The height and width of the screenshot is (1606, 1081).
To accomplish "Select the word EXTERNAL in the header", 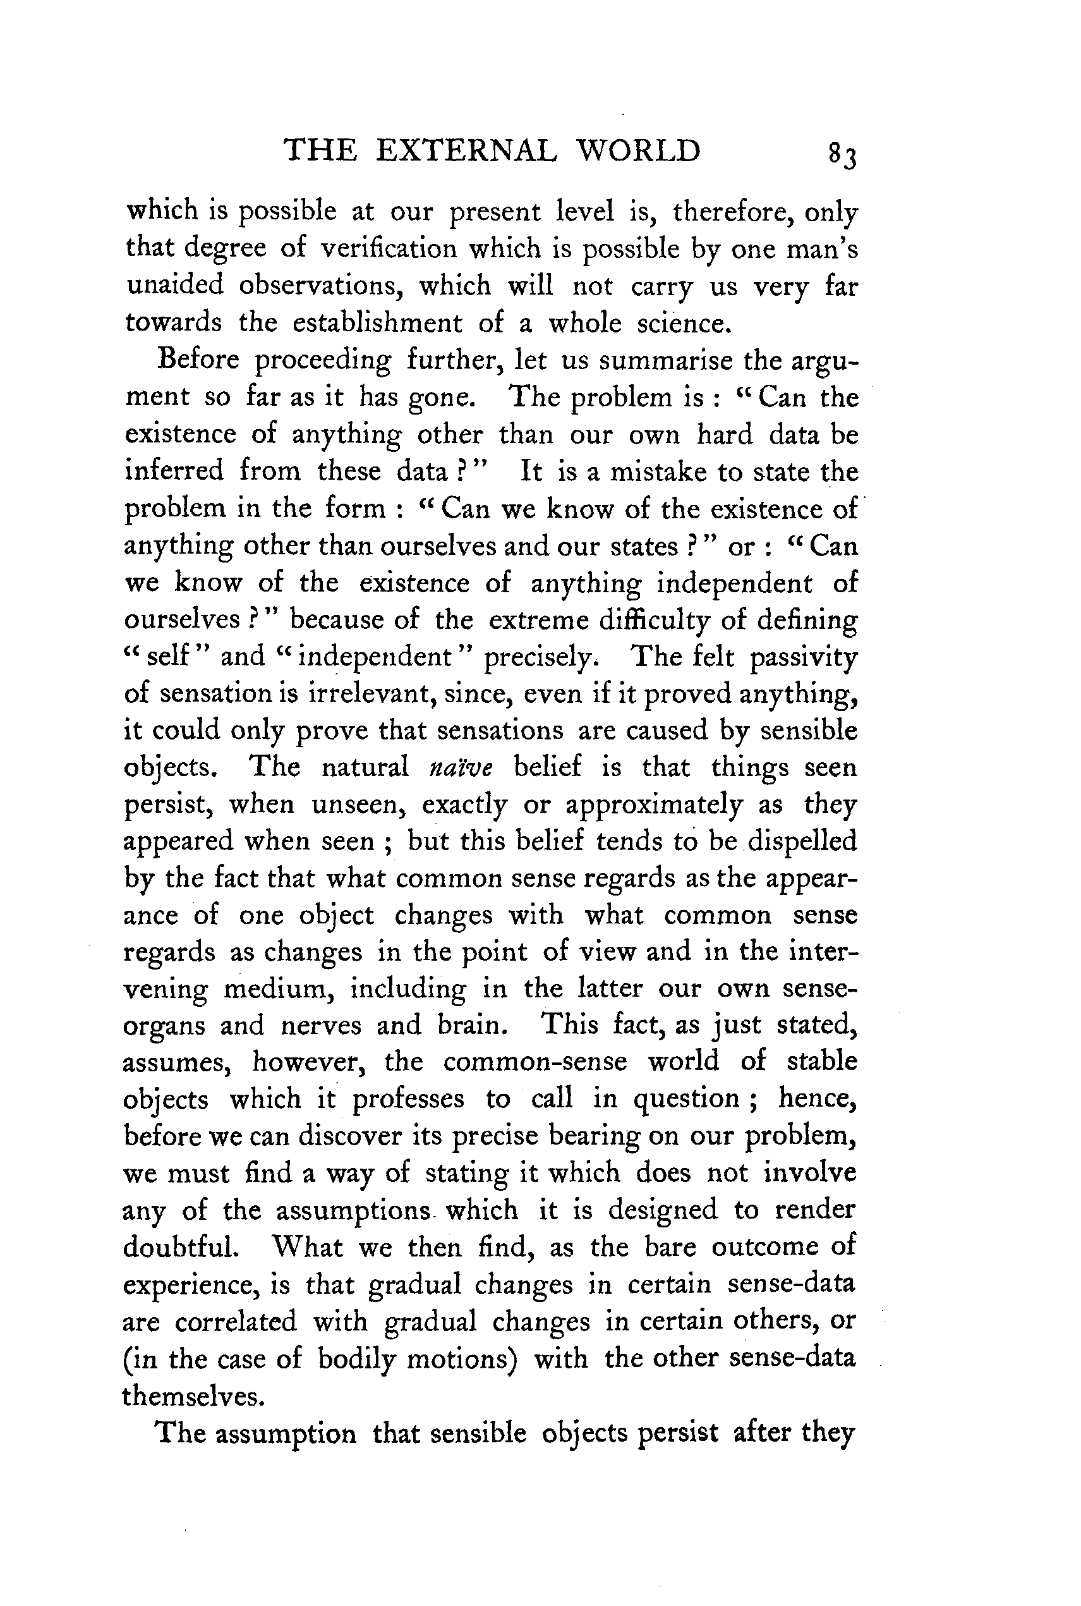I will coord(466,151).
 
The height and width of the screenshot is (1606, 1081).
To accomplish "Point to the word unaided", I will coord(175,285).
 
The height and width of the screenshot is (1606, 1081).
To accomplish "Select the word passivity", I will coord(803,657).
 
